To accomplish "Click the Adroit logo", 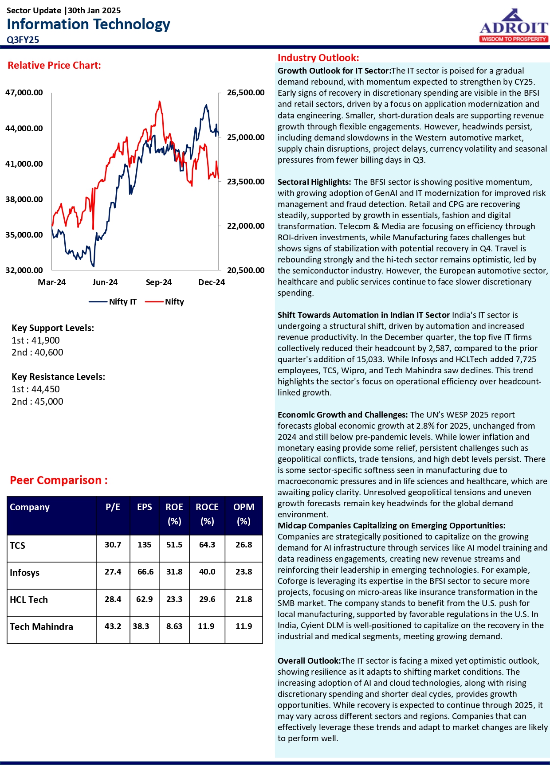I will [x=514, y=27].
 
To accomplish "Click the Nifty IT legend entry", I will [x=113, y=302].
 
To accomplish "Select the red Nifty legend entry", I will [x=165, y=302].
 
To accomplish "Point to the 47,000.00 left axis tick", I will [x=24, y=93].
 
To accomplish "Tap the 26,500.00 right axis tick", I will [x=245, y=93].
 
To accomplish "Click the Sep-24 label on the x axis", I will [x=158, y=282].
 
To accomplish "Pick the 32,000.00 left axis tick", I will [x=24, y=270].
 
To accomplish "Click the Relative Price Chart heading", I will [x=54, y=66].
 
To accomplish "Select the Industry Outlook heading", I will [x=318, y=58].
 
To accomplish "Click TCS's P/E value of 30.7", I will [x=113, y=545].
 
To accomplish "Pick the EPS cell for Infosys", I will [x=145, y=572].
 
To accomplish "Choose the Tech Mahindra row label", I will [x=41, y=627].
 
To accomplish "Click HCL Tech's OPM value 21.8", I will [x=244, y=599].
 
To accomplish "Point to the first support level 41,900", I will [x=35, y=340].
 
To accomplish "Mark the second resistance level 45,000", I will [x=37, y=402].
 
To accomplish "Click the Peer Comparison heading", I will [x=59, y=481].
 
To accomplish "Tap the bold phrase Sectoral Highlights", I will [x=314, y=182].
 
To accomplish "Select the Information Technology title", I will [x=88, y=24].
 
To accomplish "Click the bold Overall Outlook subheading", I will [x=309, y=661].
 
